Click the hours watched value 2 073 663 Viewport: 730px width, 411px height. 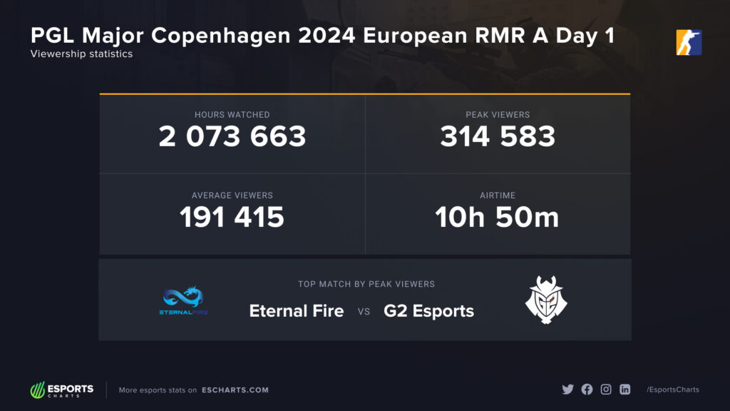click(x=232, y=136)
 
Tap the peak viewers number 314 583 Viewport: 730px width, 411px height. click(x=498, y=136)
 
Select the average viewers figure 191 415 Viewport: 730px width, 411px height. click(x=232, y=217)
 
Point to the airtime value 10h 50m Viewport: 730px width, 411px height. click(x=498, y=217)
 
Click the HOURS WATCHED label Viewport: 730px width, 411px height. click(x=232, y=114)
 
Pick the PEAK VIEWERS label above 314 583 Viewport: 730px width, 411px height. click(x=498, y=114)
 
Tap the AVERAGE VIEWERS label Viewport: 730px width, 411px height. click(x=232, y=195)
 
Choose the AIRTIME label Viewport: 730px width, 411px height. click(x=498, y=195)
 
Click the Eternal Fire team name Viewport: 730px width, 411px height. click(x=297, y=311)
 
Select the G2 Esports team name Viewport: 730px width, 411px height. click(x=429, y=311)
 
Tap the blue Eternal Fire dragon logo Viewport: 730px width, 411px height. click(x=184, y=300)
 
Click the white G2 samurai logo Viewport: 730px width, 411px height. click(x=547, y=300)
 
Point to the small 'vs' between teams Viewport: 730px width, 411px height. click(x=364, y=312)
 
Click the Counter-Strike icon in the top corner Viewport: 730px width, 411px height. click(x=689, y=42)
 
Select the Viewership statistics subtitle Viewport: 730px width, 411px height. click(x=81, y=54)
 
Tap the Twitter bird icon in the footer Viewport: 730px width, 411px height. click(x=567, y=390)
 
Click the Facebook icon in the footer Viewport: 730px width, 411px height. click(x=587, y=390)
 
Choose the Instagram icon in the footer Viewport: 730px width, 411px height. click(x=606, y=390)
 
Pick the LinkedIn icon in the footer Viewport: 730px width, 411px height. click(x=625, y=390)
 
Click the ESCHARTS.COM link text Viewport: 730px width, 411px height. click(x=235, y=390)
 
